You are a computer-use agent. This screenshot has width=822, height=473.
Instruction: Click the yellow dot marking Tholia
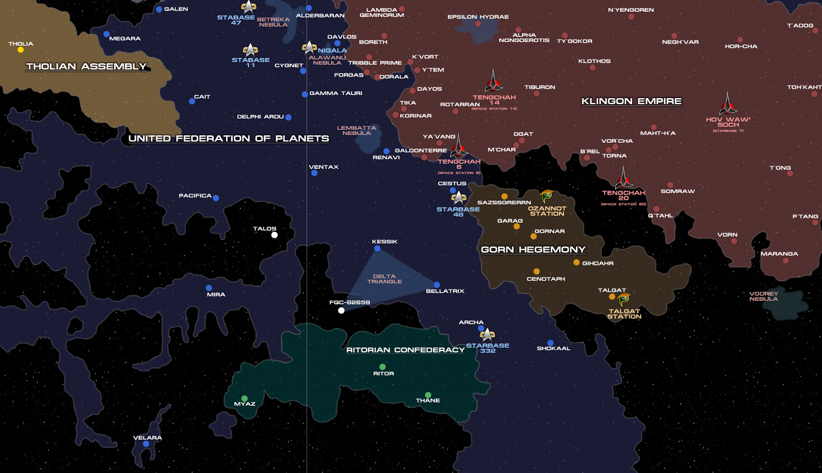coord(21,50)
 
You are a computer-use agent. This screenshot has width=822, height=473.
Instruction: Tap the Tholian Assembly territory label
coord(86,66)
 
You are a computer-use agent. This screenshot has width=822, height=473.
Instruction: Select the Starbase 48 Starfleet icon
coord(458,197)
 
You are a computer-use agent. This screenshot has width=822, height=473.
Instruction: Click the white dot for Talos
coord(274,235)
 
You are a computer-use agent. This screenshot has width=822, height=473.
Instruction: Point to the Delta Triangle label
coord(384,279)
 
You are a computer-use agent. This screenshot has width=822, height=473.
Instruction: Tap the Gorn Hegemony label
coord(533,250)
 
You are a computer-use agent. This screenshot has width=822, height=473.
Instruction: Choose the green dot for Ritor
coord(382,367)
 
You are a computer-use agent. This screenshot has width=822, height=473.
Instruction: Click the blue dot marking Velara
coord(146,444)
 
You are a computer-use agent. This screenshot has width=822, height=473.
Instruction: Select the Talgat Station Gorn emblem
coord(624,299)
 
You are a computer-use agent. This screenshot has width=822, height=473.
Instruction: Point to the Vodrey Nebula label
coord(763,296)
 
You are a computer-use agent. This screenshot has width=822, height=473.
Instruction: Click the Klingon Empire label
coord(631,101)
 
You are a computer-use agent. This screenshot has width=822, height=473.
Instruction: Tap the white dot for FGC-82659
coord(341,310)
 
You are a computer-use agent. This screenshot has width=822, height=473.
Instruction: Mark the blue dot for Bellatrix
coord(437,285)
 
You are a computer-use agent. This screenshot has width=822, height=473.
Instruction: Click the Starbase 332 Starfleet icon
coord(487,335)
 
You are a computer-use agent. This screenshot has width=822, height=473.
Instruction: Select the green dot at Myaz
coord(245,399)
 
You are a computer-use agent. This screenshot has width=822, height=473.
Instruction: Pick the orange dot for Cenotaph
coord(536,272)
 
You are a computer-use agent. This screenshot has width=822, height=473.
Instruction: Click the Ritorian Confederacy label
coord(405,350)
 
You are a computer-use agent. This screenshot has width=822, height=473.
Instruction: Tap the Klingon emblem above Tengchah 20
coord(624,178)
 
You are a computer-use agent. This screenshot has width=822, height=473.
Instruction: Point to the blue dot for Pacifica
coord(216,198)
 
